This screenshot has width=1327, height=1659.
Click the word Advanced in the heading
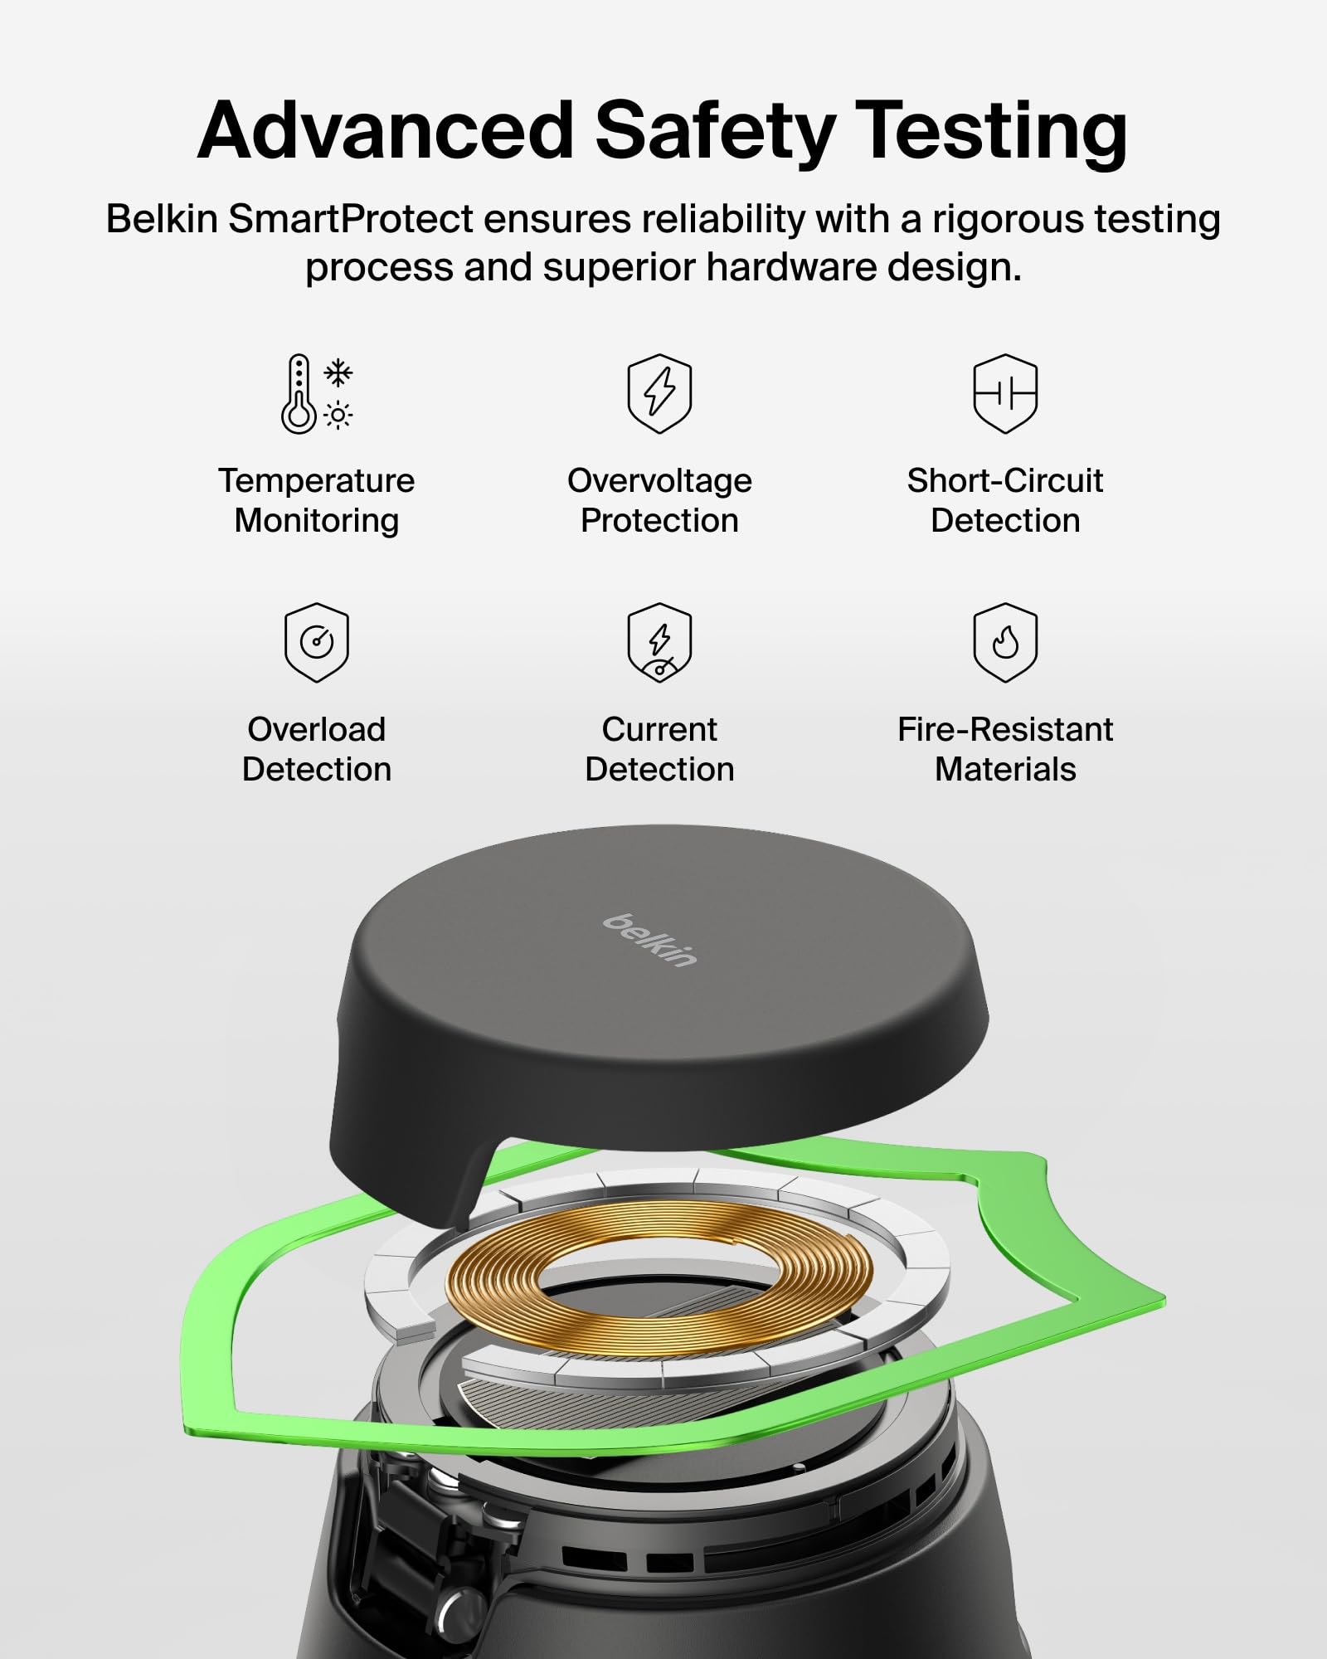click(x=386, y=130)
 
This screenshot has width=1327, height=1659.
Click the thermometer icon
click(x=299, y=394)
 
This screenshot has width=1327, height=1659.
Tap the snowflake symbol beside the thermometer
click(x=338, y=373)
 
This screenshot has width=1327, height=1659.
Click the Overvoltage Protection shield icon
click(x=659, y=393)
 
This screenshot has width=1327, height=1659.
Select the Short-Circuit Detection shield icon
click(x=1005, y=393)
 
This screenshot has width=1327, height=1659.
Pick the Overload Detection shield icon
click(x=317, y=643)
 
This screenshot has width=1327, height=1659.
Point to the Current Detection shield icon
click(x=659, y=643)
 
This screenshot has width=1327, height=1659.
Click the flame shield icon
click(x=1005, y=643)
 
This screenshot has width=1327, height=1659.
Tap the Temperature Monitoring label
click(x=317, y=500)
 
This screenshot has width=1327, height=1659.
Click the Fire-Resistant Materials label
click(x=1005, y=749)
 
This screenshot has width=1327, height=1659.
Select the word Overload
click(x=317, y=729)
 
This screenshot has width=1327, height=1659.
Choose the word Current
click(x=659, y=729)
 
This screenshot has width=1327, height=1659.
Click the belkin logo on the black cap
click(x=650, y=940)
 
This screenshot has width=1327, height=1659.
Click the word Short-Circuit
click(x=1005, y=480)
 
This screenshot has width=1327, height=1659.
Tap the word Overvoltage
click(x=659, y=480)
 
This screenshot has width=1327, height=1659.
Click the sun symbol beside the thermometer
click(x=338, y=415)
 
